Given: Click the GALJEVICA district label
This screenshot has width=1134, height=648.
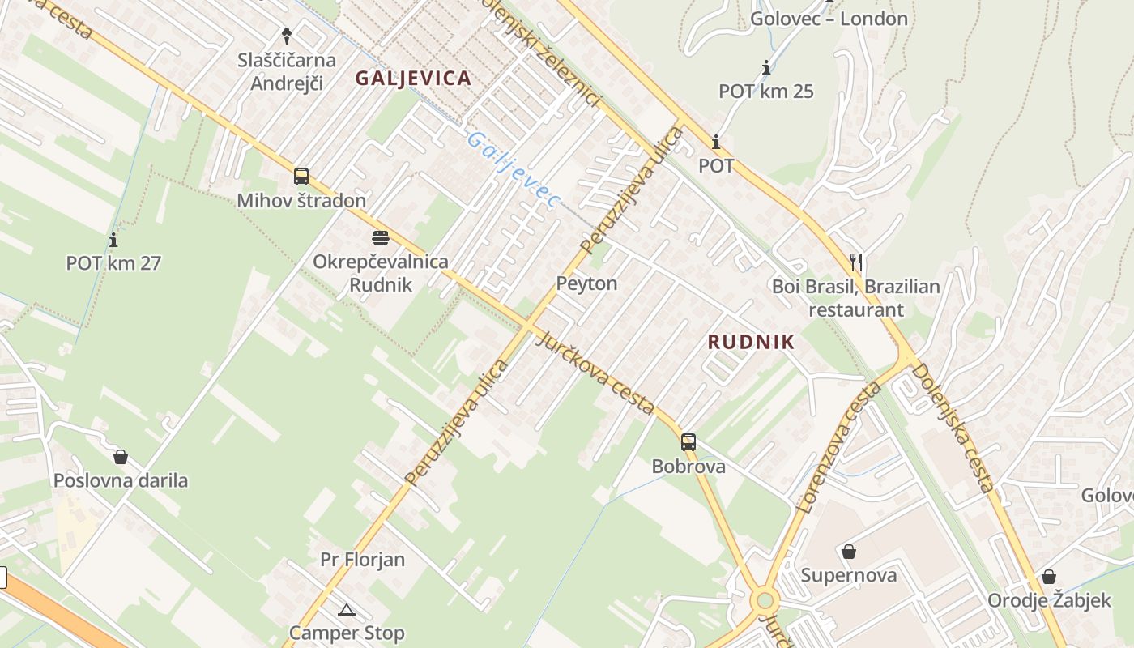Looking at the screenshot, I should [413, 78].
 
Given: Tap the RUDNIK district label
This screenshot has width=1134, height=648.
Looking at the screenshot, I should [751, 342].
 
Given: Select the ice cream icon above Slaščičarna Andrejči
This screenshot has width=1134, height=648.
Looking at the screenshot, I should [286, 36].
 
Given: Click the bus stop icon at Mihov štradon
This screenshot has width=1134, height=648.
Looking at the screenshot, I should [301, 176].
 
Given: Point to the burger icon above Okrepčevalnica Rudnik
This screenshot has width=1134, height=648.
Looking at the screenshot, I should [381, 238].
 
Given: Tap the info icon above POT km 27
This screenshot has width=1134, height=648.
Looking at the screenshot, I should [113, 240].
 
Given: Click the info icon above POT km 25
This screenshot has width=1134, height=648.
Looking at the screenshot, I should [765, 67].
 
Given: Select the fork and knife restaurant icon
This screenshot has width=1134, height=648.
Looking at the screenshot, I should [856, 262].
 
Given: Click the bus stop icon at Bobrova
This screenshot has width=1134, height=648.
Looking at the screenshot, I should [688, 442].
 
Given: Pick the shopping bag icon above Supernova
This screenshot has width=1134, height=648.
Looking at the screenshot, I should [849, 552].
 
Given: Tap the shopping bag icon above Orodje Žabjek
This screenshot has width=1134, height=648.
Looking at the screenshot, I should [1048, 577].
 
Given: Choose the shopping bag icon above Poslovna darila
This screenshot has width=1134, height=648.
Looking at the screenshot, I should [121, 457].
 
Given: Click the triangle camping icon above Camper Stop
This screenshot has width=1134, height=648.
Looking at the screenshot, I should [347, 610].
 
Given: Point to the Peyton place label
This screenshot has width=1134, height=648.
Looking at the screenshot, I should [586, 283].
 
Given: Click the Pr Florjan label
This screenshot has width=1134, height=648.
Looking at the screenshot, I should [362, 560].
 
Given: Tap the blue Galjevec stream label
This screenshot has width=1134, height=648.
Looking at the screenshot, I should [514, 169].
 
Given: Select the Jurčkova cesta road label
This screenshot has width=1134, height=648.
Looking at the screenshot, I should [595, 373].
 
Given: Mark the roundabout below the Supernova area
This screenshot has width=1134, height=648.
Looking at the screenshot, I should [764, 601].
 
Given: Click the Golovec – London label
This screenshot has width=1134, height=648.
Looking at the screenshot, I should [829, 18].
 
